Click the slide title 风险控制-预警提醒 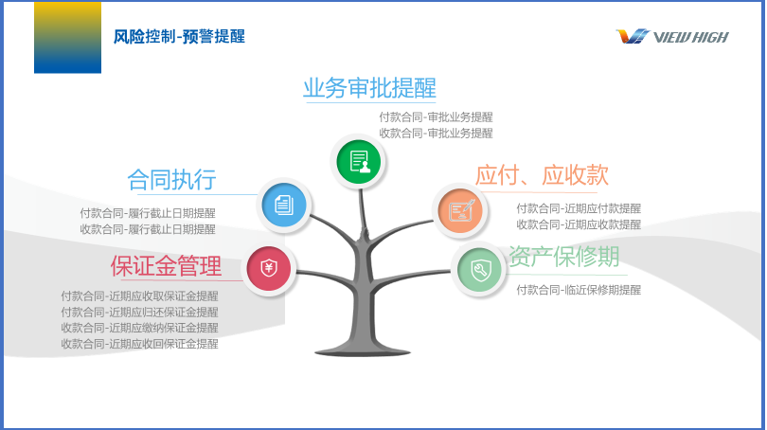coord(179,37)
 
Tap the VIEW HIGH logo coord(672,37)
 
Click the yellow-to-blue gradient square coord(67,38)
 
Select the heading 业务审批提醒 coord(369,88)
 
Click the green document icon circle coord(359,161)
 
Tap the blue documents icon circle coord(284,205)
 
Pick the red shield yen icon coord(269,269)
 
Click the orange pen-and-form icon coord(460,211)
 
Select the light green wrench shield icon coord(479,270)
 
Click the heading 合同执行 coord(171,180)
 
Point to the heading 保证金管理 coord(167,266)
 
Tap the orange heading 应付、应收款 coord(542,175)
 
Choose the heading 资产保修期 coord(564,256)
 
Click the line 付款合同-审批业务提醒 coord(436,117)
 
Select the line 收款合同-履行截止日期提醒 coord(148,229)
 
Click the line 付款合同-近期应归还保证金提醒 coord(139,313)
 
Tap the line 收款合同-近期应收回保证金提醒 coord(139,344)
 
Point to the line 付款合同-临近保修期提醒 coord(579,290)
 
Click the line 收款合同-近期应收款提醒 coord(579,224)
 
